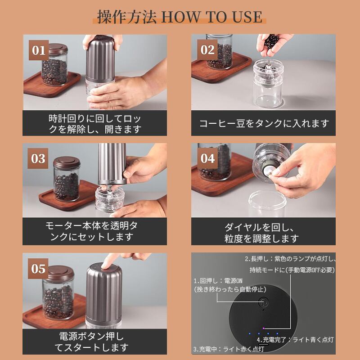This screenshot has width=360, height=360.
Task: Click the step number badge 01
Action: tap(39, 50)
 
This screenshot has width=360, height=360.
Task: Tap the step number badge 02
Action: tap(207, 49)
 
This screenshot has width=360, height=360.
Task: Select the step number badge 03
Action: tap(38, 158)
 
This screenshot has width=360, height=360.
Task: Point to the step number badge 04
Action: tap(207, 158)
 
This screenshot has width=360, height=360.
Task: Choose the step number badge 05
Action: tap(38, 269)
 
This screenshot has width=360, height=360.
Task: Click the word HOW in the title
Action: tap(181, 17)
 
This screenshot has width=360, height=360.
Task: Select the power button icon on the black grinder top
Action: tap(263, 302)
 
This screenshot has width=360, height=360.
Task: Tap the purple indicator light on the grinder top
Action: tap(264, 328)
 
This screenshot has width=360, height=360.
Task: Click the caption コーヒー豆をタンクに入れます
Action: tap(264, 123)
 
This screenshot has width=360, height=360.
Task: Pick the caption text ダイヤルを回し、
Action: tap(259, 227)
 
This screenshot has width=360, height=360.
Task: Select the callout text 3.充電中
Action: tap(205, 349)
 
